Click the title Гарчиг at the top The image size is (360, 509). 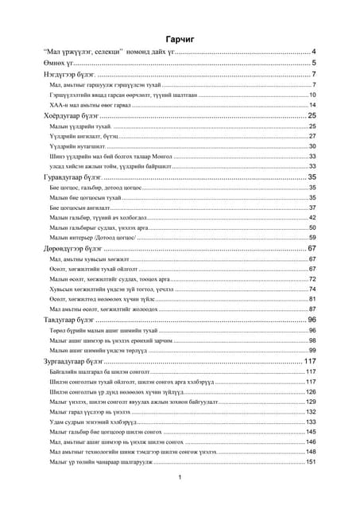(180, 39)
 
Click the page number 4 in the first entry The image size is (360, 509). (314, 51)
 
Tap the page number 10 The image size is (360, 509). (312, 95)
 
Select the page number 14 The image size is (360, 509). (312, 105)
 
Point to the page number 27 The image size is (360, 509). (312, 136)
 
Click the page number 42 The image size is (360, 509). (312, 217)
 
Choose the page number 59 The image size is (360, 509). (312, 238)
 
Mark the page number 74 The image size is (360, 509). (312, 289)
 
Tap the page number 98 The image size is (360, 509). (312, 340)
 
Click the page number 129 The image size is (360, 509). (311, 402)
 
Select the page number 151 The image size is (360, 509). (311, 462)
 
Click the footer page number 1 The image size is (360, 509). (180, 477)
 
